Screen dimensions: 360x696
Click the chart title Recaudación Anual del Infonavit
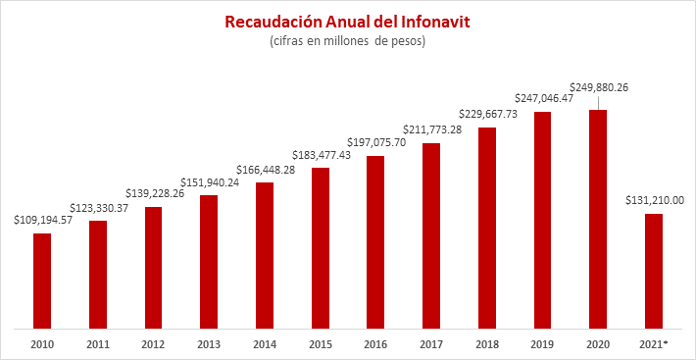(348, 21)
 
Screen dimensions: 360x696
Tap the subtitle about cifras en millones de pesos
(348, 42)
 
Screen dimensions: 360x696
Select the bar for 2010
(41, 281)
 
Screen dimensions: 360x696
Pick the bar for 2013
(208, 262)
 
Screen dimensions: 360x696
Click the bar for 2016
(374, 242)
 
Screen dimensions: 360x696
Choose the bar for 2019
(541, 220)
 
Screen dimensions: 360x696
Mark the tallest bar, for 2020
(597, 219)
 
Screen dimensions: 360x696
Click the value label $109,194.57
(41, 221)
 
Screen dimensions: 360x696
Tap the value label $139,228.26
(152, 194)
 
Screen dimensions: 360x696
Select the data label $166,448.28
(264, 170)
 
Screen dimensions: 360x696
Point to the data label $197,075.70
(374, 143)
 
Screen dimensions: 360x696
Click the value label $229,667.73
(486, 115)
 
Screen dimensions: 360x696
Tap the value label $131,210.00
(653, 201)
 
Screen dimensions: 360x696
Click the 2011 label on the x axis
(97, 344)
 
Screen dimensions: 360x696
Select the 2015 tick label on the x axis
(320, 344)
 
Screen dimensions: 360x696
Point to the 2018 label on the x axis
(486, 344)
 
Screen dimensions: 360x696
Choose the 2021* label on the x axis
(653, 344)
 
